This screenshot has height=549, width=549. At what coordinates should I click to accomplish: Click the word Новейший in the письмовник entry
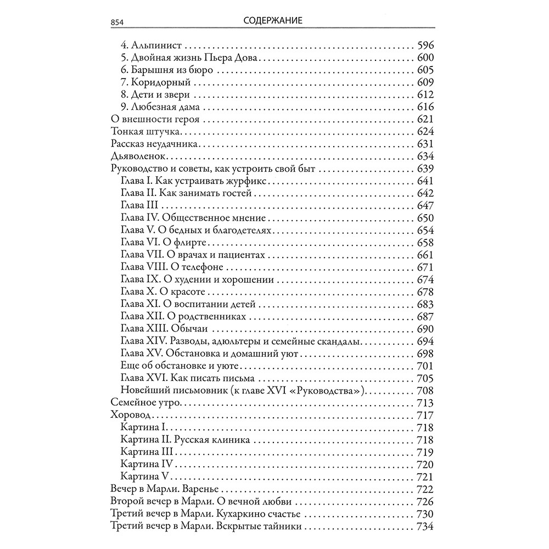point(142,390)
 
